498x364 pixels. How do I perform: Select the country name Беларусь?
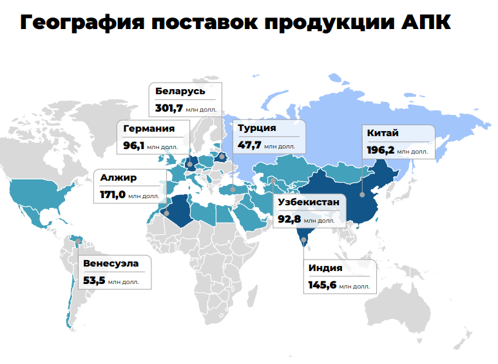180,91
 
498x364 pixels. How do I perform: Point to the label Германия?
149,128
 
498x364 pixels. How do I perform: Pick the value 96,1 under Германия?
134,145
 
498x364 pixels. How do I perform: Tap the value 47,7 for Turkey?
249,145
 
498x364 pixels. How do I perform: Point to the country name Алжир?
119,177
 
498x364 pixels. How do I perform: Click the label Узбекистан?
308,203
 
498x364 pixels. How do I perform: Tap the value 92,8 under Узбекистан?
289,219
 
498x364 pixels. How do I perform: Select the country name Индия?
325,268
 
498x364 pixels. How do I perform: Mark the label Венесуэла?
110,263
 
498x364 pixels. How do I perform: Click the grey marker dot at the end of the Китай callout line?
363,194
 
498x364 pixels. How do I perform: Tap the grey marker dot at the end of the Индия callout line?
304,241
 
